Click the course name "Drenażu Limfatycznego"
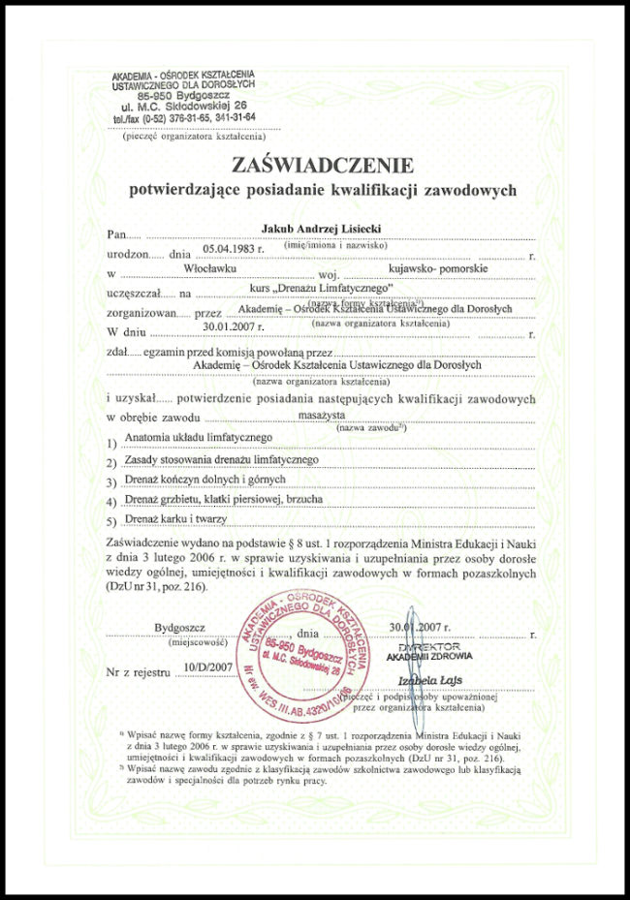tap(320, 289)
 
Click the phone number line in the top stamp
tap(184, 117)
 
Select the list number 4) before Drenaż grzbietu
tap(111, 502)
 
